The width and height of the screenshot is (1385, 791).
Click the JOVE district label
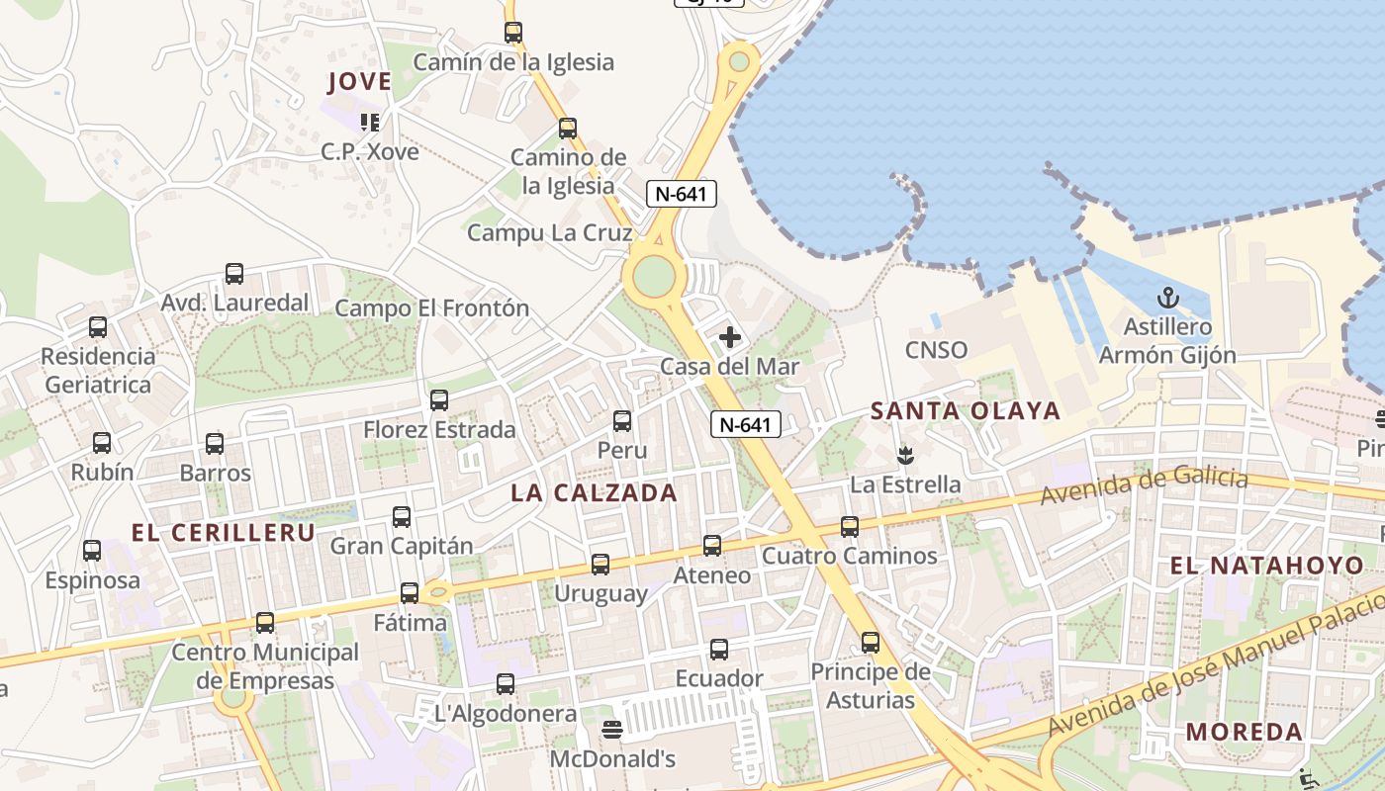tap(359, 82)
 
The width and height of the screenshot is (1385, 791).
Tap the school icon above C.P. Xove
tap(370, 123)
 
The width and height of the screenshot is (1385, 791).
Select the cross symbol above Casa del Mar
tap(730, 337)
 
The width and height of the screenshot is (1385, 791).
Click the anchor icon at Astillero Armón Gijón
tap(1168, 298)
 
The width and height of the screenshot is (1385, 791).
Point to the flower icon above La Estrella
tap(904, 456)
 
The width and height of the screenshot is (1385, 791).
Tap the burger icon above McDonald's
tap(612, 731)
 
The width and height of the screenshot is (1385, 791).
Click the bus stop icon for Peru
tap(622, 421)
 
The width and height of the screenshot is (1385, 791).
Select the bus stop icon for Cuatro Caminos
tap(850, 527)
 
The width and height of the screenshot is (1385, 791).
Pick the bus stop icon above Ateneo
tap(712, 546)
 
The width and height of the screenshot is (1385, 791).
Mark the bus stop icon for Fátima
tap(410, 593)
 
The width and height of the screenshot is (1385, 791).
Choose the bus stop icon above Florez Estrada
tap(439, 400)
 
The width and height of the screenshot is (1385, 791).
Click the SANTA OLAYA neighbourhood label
tap(965, 411)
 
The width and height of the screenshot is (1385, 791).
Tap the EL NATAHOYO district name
tap(1267, 567)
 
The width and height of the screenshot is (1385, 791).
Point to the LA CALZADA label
tap(594, 493)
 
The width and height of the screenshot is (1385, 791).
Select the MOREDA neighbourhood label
tap(1245, 733)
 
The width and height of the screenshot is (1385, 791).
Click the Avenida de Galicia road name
tap(1144, 487)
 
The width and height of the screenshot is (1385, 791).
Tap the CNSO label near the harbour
tap(936, 350)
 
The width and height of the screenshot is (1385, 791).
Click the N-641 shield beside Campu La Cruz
tap(682, 194)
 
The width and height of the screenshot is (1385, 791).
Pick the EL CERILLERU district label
tap(224, 533)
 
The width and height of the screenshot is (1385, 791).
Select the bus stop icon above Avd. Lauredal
tap(234, 274)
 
